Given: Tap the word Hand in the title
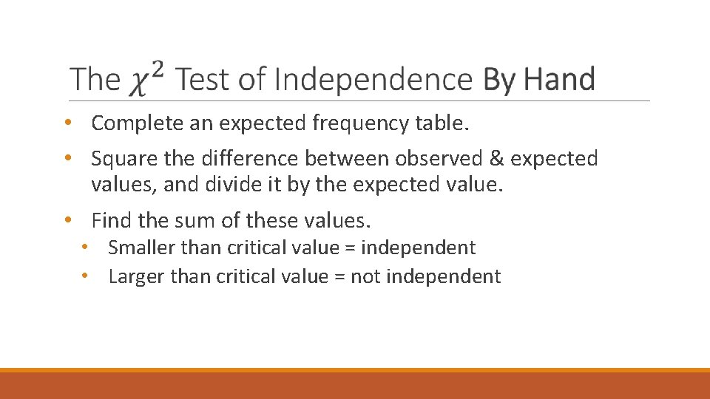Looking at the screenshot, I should (x=561, y=79).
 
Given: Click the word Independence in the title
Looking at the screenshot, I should (x=373, y=79).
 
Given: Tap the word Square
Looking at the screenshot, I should (x=121, y=159).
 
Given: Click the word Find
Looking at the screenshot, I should (x=110, y=220).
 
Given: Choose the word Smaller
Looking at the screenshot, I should (x=141, y=248).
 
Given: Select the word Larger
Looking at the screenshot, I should (x=136, y=276).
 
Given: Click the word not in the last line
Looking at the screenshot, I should (x=365, y=276).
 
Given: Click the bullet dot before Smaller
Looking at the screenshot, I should (x=87, y=247).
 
